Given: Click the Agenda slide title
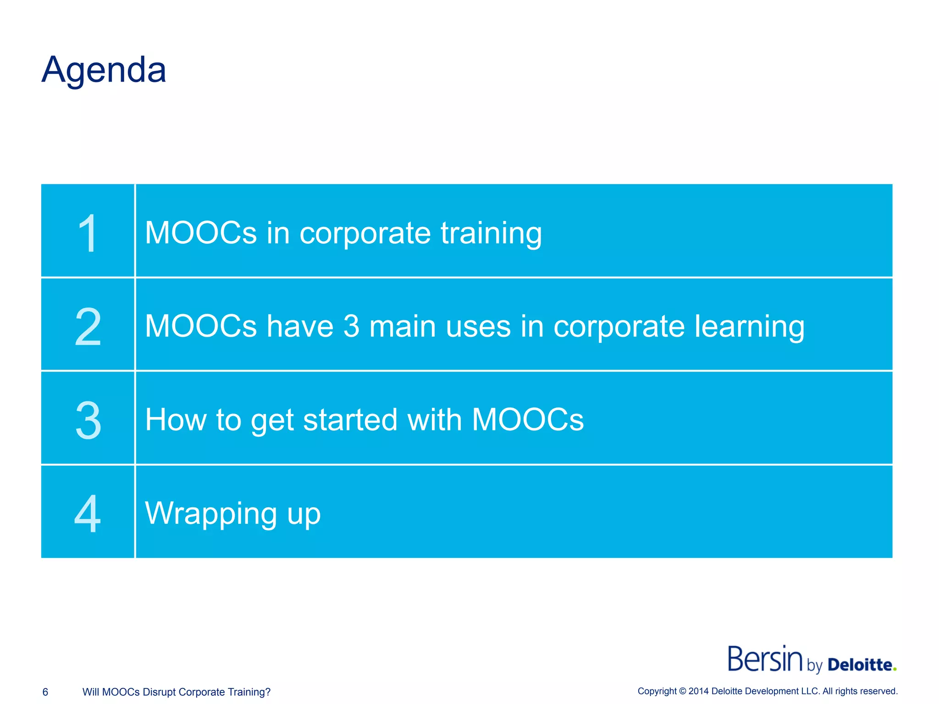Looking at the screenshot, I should tap(104, 70).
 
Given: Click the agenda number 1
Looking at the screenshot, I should tap(87, 233).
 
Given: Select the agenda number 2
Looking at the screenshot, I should tap(88, 327).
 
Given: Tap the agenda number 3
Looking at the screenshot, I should tap(88, 420).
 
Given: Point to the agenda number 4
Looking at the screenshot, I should tap(87, 513).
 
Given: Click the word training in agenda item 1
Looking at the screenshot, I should tap(491, 234).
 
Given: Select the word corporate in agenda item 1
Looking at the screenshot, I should tap(365, 234).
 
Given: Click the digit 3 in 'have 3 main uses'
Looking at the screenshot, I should tap(351, 326).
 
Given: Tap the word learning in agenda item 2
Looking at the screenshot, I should tap(749, 327).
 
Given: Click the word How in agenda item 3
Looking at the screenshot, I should tap(175, 420).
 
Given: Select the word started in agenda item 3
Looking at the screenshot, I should tap(350, 420).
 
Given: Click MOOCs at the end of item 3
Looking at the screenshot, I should tap(528, 420).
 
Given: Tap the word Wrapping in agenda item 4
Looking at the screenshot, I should tap(210, 514).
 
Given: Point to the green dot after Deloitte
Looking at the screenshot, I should tap(895, 669).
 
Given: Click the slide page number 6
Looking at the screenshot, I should tap(45, 692).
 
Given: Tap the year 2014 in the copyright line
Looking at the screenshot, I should tap(698, 691).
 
